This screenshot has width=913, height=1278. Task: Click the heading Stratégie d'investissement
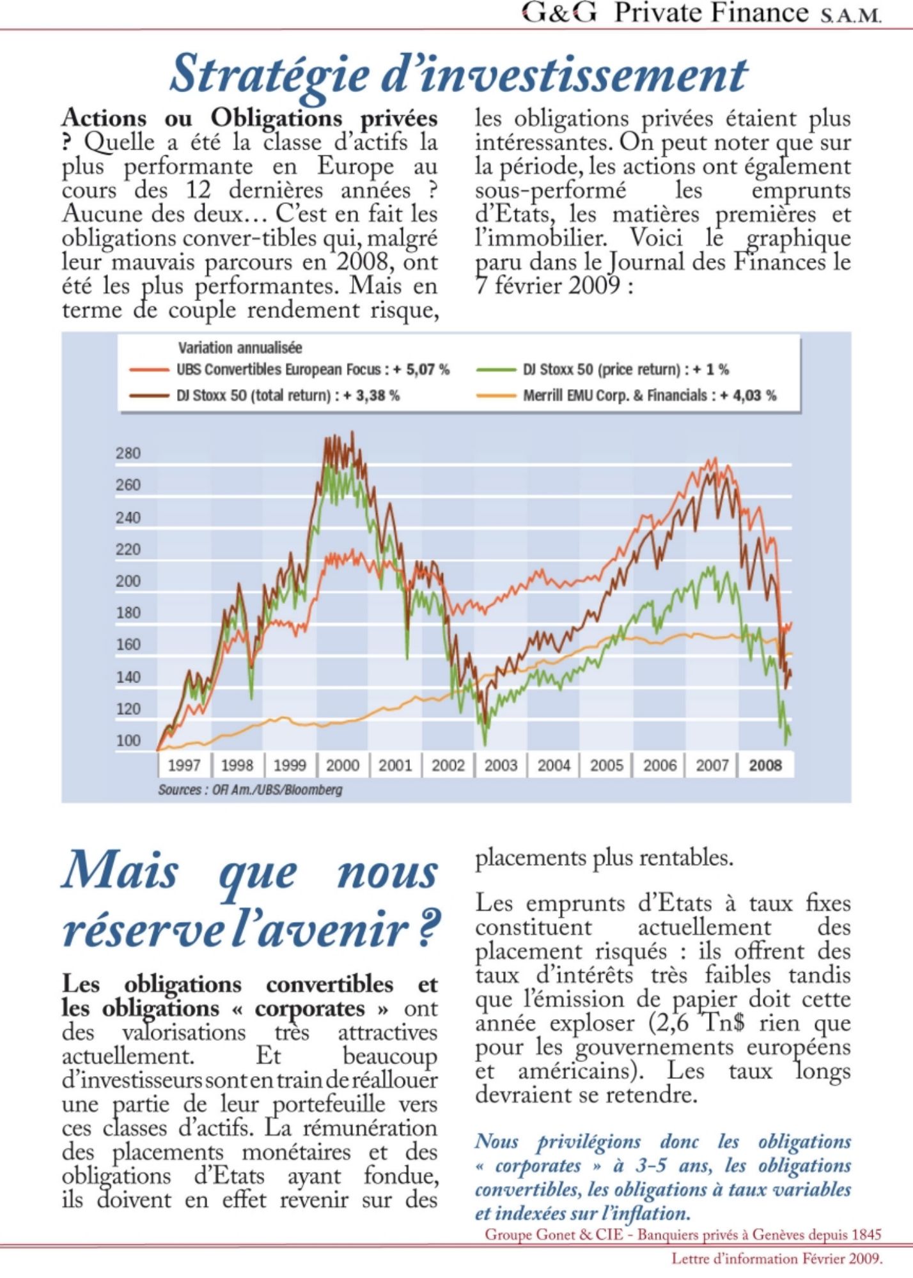(x=458, y=74)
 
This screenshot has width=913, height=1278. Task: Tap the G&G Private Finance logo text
(x=701, y=13)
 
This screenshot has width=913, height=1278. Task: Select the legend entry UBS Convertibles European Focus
(x=313, y=369)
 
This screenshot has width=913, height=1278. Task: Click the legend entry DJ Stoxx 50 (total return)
(x=288, y=396)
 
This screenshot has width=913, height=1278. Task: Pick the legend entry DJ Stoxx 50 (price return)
(x=625, y=369)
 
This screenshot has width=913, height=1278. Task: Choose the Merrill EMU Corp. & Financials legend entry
(x=649, y=396)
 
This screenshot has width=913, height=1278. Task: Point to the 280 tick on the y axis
(x=128, y=454)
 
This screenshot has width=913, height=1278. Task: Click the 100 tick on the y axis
(x=128, y=741)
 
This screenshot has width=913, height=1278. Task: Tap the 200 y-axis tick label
(x=128, y=581)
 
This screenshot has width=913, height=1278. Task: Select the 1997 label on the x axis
(x=183, y=765)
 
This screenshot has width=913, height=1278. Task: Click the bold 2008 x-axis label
(x=765, y=765)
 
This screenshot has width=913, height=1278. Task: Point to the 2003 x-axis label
(x=501, y=765)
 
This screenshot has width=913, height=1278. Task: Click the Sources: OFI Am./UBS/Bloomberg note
(x=250, y=790)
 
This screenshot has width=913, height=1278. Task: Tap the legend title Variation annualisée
(x=240, y=348)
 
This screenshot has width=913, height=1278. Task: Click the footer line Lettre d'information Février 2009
(x=776, y=1259)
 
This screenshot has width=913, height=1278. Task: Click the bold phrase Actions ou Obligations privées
(x=250, y=119)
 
